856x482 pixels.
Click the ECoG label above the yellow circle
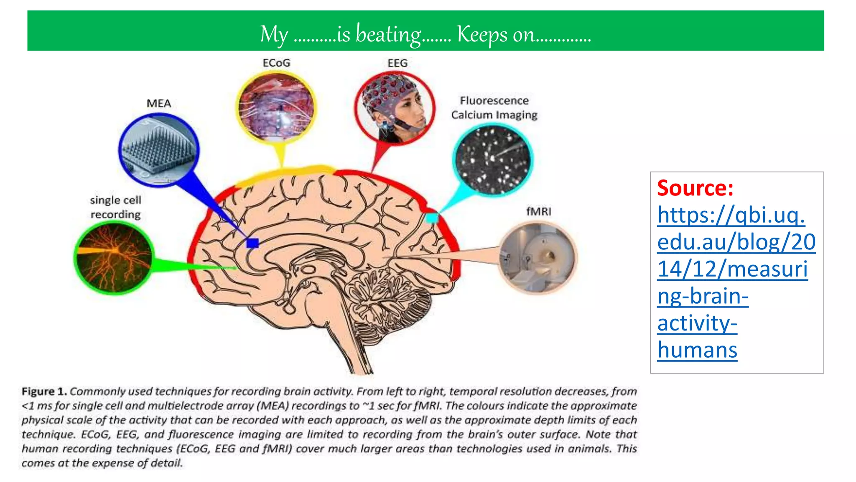point(276,63)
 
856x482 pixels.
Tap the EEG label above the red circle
point(397,63)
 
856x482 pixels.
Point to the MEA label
point(159,103)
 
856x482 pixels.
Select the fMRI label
point(538,212)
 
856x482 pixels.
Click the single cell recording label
point(116,207)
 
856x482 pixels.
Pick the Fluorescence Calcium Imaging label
point(494,108)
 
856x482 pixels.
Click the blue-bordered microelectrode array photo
point(159,150)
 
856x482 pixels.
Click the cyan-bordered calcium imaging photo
point(492,160)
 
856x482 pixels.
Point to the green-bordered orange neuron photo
point(114,257)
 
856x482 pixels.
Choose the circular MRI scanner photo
point(538,257)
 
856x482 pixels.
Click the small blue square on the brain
point(252,243)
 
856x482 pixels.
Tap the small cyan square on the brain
point(431,218)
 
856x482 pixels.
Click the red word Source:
point(695,188)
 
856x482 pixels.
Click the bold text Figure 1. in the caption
point(44,392)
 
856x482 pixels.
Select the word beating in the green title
point(388,34)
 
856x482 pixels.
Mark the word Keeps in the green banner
point(482,34)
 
